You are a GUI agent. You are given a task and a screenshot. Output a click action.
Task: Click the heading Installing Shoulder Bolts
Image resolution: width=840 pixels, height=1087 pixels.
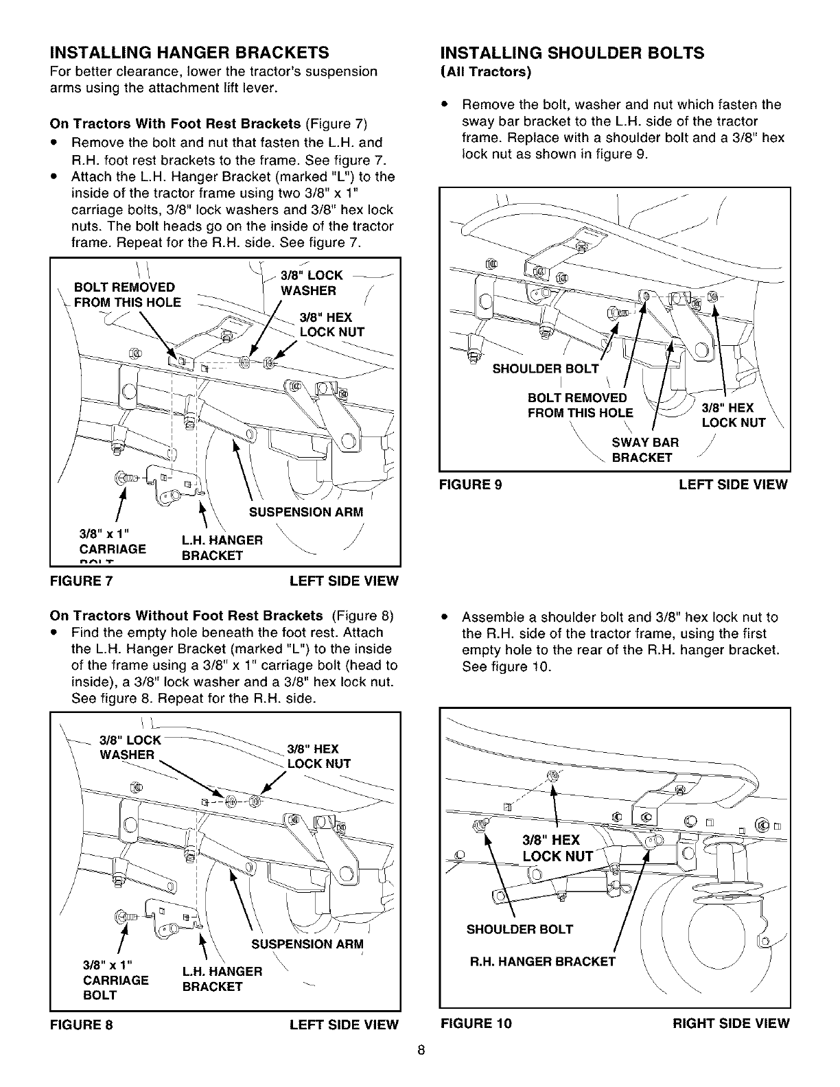(572, 53)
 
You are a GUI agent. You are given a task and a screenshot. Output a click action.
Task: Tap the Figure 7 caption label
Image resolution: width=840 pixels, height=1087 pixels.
(82, 581)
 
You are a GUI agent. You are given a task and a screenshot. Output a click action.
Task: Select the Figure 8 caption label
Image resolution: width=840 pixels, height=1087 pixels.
(82, 1025)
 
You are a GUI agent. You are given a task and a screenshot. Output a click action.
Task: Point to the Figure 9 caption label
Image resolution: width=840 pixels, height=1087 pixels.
(471, 484)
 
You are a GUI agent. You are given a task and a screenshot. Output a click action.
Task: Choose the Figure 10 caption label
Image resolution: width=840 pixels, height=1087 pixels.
(476, 1023)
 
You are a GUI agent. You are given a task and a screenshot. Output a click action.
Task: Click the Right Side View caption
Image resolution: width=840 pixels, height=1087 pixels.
(731, 1023)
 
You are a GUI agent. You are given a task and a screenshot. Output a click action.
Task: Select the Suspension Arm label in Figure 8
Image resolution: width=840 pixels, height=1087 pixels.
(307, 944)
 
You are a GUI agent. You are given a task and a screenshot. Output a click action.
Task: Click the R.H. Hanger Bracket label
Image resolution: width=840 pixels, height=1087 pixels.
(542, 961)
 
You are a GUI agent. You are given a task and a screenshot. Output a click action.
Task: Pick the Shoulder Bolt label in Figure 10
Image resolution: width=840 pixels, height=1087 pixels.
(520, 929)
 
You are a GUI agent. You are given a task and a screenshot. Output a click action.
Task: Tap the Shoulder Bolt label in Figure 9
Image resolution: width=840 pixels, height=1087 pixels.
(546, 369)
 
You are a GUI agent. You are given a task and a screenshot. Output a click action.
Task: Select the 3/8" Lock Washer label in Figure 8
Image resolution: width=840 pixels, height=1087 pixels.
(130, 747)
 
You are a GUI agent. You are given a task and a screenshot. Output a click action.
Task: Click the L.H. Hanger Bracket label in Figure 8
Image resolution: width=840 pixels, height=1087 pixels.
(221, 979)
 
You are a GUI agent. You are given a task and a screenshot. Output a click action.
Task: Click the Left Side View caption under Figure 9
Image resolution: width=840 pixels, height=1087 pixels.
(733, 484)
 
